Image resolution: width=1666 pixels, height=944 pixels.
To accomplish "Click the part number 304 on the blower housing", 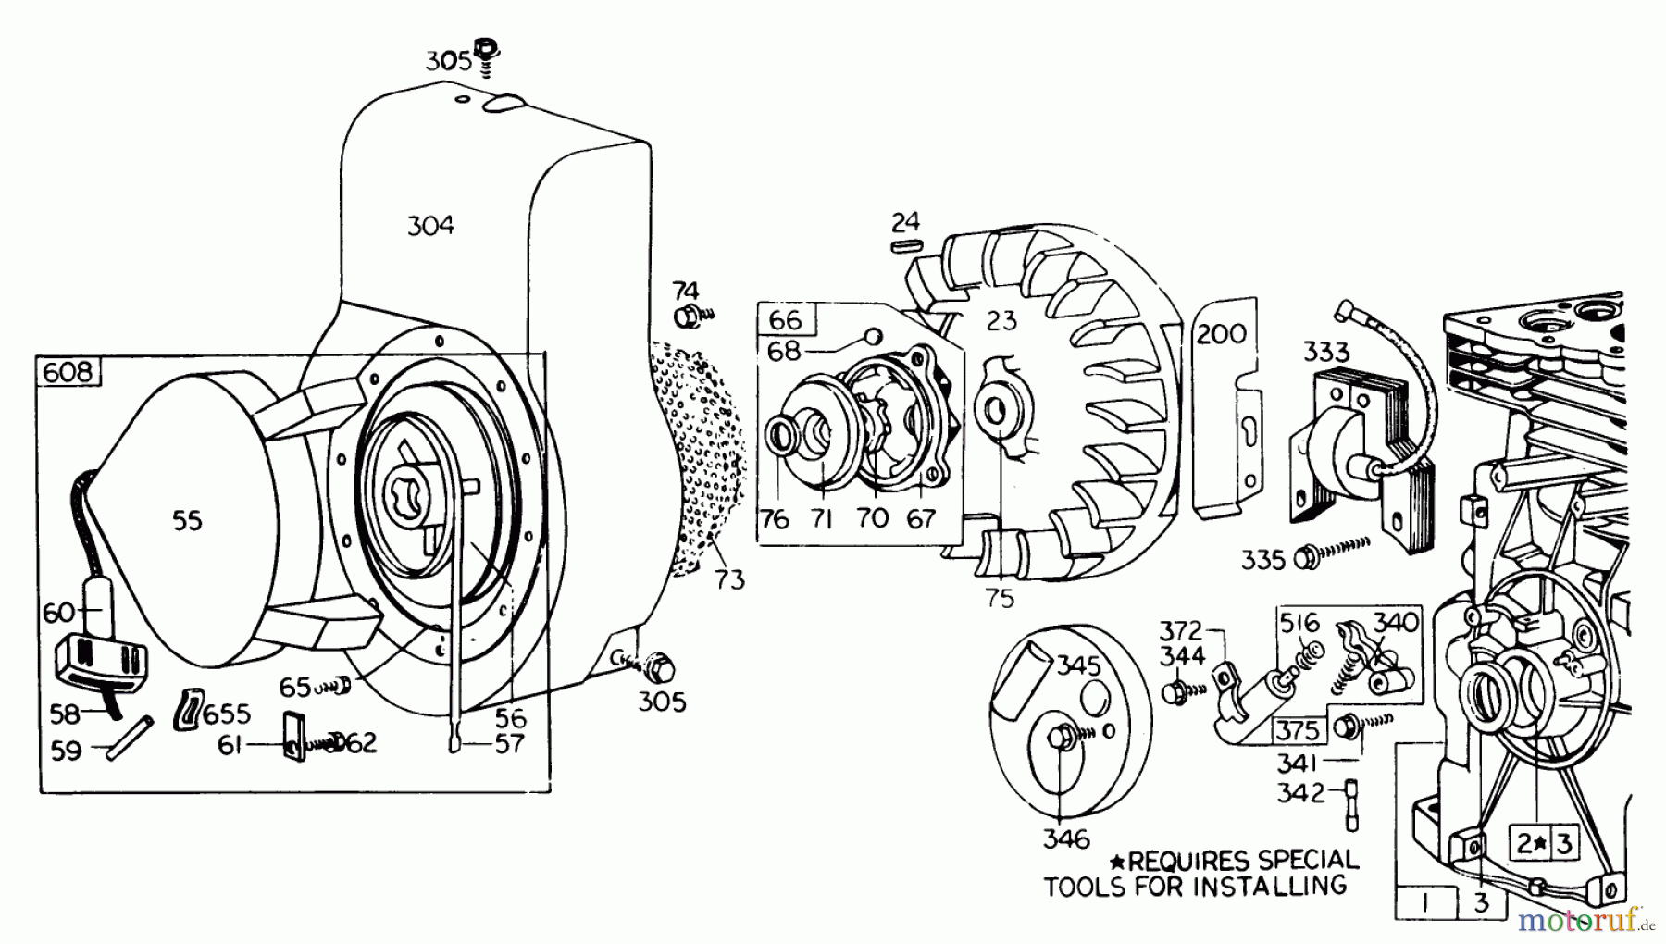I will click(430, 225).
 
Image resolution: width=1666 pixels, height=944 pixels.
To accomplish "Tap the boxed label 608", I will click(68, 372).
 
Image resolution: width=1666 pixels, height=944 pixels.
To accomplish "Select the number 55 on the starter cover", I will click(187, 521).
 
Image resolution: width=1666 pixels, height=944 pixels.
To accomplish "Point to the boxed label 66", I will click(786, 320).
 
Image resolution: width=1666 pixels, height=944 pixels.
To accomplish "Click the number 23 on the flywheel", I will click(1001, 320).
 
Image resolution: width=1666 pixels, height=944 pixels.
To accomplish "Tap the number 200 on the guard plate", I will click(1222, 333).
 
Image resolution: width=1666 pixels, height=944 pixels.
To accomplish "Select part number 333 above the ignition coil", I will click(1326, 353).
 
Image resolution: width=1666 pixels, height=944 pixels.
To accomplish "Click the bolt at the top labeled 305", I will click(483, 51).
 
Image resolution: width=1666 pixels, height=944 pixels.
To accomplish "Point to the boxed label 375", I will click(1298, 730).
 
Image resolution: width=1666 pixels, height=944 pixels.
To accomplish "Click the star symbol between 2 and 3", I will click(1540, 844).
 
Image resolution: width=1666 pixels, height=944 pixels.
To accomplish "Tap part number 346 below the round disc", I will click(1066, 839).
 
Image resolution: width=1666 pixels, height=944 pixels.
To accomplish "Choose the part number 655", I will click(227, 714).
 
